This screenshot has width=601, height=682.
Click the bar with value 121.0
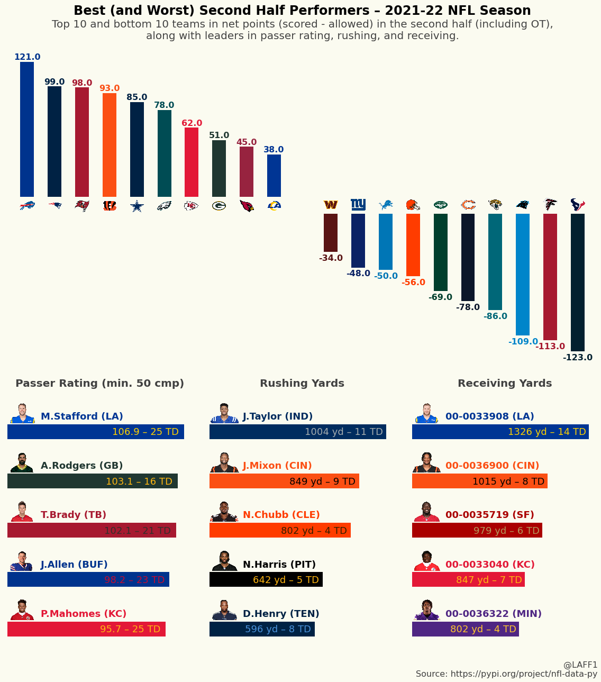point(27,130)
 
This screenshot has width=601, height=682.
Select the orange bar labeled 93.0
point(110,145)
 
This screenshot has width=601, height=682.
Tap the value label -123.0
point(578,358)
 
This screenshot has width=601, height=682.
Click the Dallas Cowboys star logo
point(137,206)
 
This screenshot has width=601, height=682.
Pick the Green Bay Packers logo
point(219,206)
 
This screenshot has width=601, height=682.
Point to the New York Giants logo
point(358,205)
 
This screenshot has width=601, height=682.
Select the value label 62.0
point(192,123)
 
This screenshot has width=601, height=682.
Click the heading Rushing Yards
point(302,384)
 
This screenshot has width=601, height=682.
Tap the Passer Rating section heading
point(100,384)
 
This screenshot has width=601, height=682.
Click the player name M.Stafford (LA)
point(82,416)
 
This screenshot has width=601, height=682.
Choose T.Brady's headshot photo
point(22,512)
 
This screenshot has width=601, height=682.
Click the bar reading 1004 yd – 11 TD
point(298,432)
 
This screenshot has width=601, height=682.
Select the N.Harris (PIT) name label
point(279,565)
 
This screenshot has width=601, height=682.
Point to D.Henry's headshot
point(225,611)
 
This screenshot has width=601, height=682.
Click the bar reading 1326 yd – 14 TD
point(500,432)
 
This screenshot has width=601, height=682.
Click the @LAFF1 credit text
point(580,665)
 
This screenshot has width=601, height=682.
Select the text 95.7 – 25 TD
point(130,629)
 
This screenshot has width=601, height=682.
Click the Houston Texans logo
point(578,205)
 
